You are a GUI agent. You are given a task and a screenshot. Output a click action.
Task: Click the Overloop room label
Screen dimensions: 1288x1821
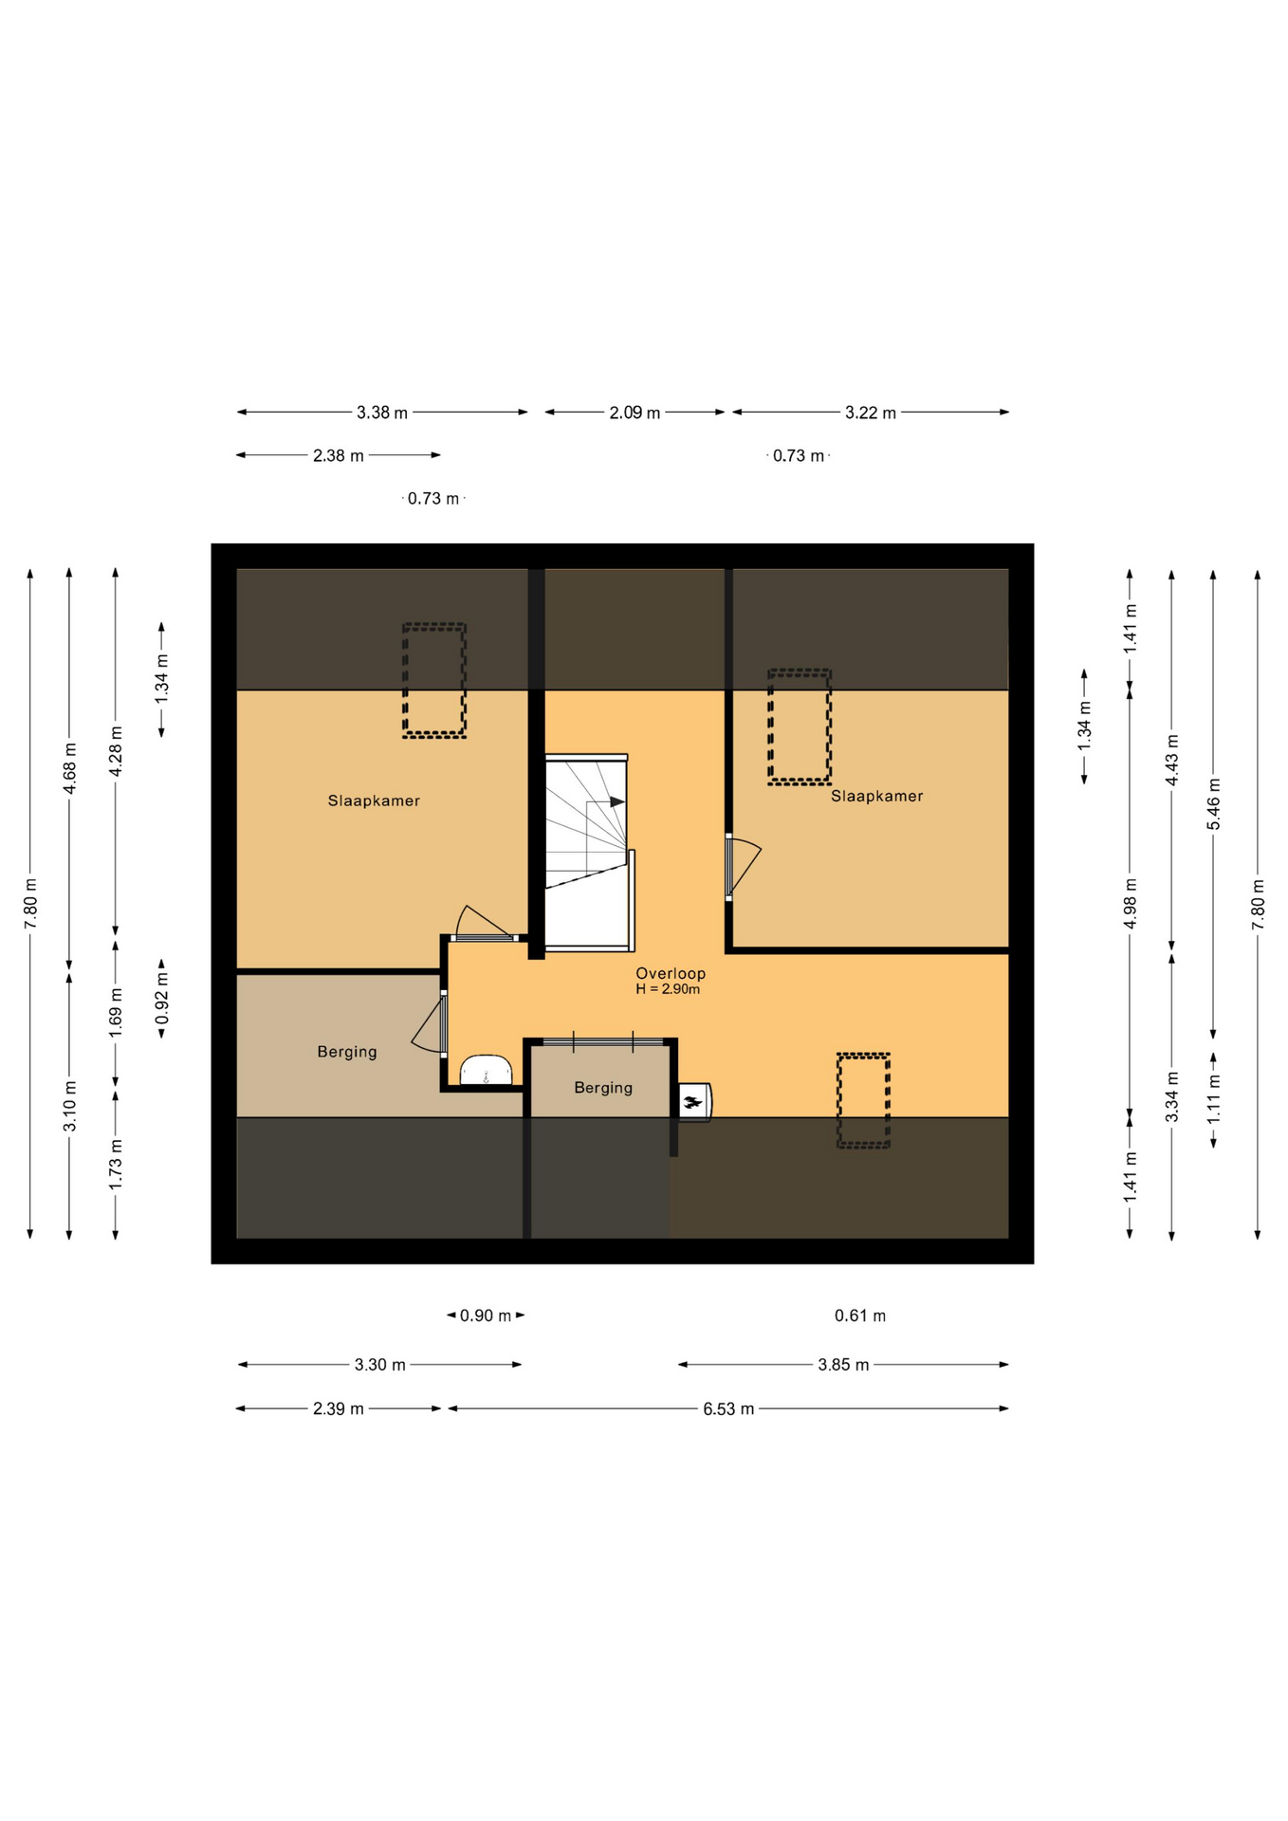670,973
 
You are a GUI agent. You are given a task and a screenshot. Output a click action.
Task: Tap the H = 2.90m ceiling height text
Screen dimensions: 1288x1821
668,989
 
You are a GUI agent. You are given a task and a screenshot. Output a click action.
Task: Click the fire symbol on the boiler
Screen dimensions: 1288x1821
692,1102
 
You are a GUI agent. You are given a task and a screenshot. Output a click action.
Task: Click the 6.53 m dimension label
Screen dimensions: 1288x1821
728,1408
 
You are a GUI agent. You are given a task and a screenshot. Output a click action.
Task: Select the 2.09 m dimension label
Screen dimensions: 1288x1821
635,413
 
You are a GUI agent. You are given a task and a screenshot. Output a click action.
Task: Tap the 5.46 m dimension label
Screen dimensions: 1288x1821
1214,804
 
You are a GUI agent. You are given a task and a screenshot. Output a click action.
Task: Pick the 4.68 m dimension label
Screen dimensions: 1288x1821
69,769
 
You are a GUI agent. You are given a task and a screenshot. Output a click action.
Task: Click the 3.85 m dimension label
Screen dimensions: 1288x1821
843,1365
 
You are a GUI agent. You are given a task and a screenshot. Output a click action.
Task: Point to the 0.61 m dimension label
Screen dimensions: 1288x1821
860,1315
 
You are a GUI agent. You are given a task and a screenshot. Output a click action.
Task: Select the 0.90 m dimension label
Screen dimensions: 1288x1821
486,1315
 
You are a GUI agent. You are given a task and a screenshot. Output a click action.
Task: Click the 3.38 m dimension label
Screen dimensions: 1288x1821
382,413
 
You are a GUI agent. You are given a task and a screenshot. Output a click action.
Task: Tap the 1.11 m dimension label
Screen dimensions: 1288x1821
1214,1099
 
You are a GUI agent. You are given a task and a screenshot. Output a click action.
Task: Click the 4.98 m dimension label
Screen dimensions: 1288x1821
1130,905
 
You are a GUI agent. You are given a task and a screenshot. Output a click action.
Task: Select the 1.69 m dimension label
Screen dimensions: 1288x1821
116,1013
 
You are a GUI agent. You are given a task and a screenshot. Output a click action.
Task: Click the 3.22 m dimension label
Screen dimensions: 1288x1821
871,413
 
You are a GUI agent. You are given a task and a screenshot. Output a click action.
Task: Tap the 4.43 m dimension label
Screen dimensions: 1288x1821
1172,760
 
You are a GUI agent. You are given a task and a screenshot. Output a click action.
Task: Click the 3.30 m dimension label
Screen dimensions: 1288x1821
380,1365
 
